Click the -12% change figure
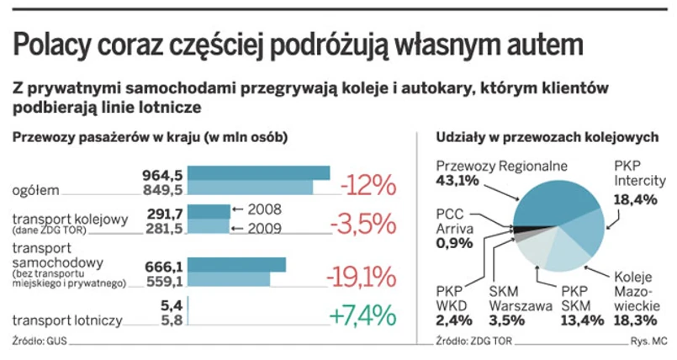coord(368,183)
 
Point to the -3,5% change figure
coord(362,224)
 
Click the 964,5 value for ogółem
coord(161,175)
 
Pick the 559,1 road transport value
coord(162,280)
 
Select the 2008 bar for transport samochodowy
coord(236,265)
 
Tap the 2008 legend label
coord(264,209)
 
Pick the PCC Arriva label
coord(455,220)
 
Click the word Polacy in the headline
coord(53,45)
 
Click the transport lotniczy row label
coord(67,320)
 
